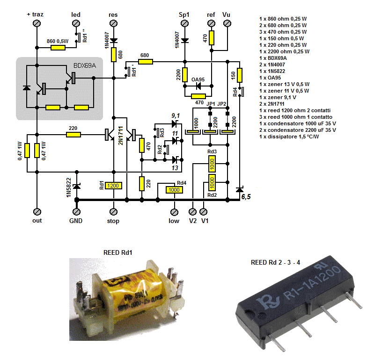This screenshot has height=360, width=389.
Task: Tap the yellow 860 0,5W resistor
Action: tap(58, 47)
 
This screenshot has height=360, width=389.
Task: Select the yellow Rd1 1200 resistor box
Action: tap(113, 186)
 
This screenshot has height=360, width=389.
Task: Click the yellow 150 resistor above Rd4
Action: tap(240, 75)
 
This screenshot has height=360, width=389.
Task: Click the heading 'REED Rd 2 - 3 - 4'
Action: tap(275, 262)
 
